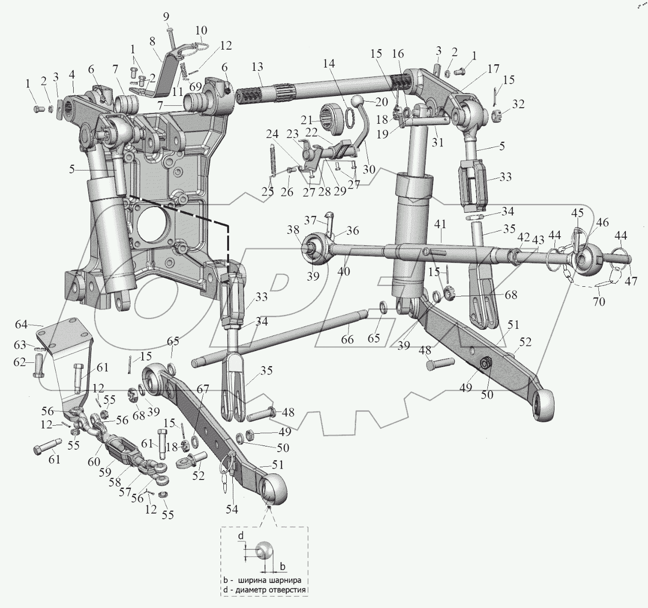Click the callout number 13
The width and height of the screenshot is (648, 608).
tap(257, 68)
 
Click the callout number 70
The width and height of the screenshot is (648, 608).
tap(598, 301)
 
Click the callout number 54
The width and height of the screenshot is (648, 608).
tap(231, 509)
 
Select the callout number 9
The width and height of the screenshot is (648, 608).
tap(166, 17)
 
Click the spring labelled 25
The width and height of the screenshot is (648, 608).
tap(272, 161)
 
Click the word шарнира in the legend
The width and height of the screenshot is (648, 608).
tap(285, 580)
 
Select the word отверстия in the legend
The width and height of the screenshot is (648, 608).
tap(288, 590)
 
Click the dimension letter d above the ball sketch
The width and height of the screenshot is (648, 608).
tap(241, 535)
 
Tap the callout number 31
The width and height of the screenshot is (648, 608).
tap(438, 142)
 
